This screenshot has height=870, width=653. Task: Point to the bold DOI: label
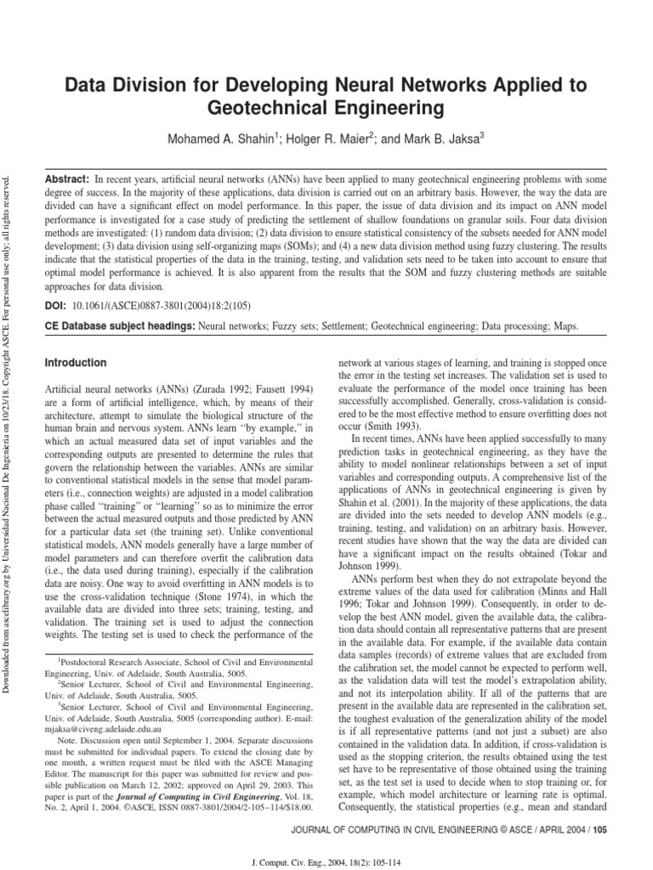pos(57,304)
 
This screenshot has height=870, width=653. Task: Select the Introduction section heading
pos(76,363)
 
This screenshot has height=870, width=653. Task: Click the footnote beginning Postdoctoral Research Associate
pos(170,659)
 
